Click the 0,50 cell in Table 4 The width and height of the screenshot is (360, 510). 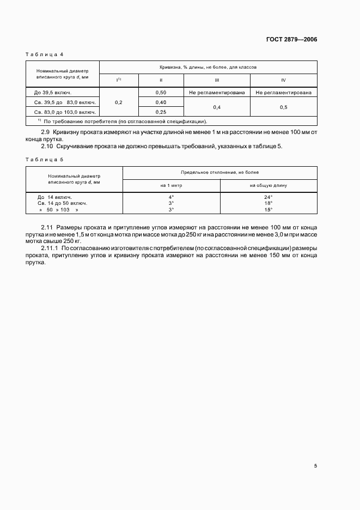(x=161, y=93)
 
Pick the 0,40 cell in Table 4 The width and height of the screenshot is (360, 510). (x=161, y=102)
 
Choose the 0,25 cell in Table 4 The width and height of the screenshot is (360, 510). (x=161, y=112)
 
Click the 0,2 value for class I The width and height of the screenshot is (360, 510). (x=119, y=102)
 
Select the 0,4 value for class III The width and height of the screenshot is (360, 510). (x=217, y=107)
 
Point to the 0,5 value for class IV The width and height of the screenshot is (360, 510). (x=283, y=107)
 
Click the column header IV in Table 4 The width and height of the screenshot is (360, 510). (x=283, y=80)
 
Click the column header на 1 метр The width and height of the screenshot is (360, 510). (x=171, y=185)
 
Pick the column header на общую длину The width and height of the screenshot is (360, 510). (x=268, y=185)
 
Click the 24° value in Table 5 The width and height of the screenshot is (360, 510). (x=268, y=197)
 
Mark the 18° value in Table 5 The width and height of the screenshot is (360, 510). (x=268, y=203)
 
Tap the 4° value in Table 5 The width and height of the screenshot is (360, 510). (x=171, y=197)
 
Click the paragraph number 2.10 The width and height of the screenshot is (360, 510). (x=47, y=146)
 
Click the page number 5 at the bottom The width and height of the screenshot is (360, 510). (x=315, y=466)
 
